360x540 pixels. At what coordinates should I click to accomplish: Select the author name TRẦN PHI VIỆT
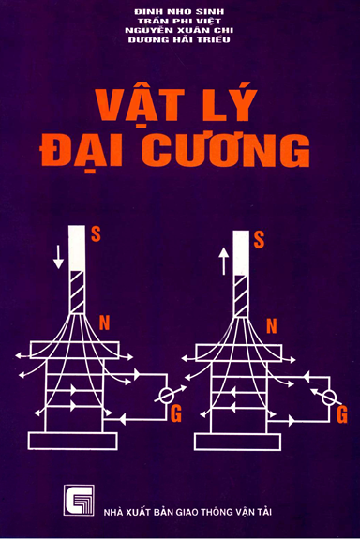coord(180,22)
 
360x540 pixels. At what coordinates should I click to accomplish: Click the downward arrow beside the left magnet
coord(59,254)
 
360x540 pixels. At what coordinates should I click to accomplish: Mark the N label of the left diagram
coord(105,324)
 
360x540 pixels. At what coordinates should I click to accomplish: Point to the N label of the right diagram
coord(271,326)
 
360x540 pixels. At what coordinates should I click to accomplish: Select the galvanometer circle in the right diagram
coord(330,395)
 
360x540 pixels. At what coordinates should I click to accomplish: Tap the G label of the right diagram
coord(341,412)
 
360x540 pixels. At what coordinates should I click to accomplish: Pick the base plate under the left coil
coord(71,439)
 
